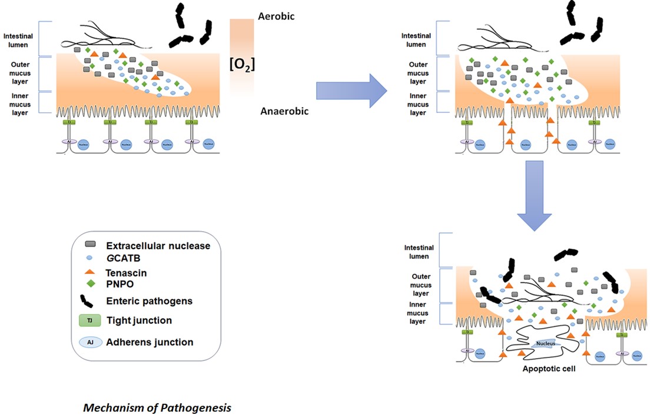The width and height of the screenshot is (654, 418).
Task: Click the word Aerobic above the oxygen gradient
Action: pos(276,16)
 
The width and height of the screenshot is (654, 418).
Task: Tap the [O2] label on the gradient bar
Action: pos(241,63)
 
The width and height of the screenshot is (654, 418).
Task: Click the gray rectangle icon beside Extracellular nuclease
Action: pos(90,245)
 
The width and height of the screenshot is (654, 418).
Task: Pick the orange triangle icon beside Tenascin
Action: pos(90,272)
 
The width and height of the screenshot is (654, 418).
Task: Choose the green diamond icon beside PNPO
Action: pos(90,283)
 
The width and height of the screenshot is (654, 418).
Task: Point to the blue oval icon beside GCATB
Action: pos(90,258)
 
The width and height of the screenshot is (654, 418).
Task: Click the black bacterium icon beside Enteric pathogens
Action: pos(90,300)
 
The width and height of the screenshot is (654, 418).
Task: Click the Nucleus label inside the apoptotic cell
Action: pos(545,344)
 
